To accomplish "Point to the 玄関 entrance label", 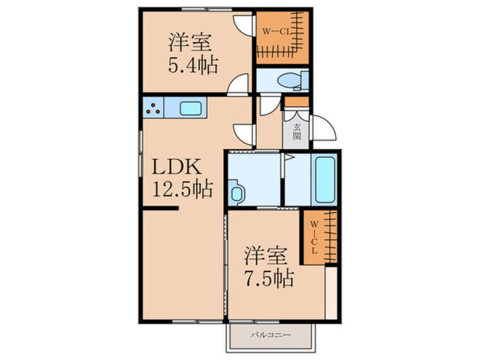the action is (x=296, y=131).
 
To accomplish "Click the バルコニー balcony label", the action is (x=271, y=335).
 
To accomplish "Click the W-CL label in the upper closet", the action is (x=276, y=31).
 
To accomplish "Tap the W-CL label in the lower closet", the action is (x=314, y=237).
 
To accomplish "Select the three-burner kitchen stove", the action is (x=153, y=107).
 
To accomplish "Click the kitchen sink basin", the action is (x=191, y=108).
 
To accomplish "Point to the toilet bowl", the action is (x=289, y=80).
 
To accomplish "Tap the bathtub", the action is (x=325, y=180).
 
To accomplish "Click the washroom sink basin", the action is (x=236, y=193).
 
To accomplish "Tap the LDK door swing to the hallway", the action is (x=243, y=135).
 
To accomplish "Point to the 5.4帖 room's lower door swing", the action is (x=239, y=83).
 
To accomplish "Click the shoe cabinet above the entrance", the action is (x=297, y=102).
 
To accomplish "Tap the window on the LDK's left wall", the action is (x=141, y=153).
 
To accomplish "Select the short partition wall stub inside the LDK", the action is (x=161, y=208).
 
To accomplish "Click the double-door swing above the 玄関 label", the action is (x=296, y=115).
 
